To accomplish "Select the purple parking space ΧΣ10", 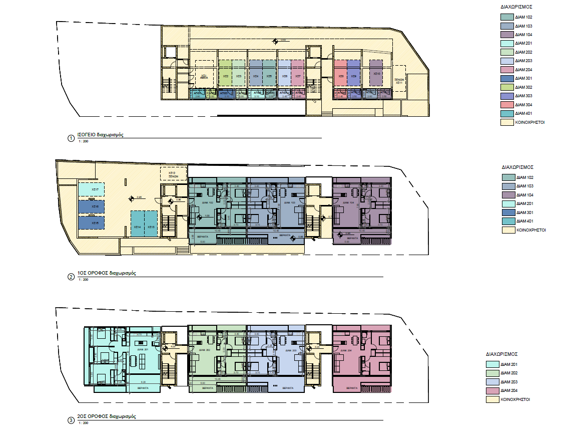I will click(x=376, y=73).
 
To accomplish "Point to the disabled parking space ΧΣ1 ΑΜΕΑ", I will click(x=204, y=77).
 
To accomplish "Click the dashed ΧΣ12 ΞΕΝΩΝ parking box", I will click(x=173, y=174).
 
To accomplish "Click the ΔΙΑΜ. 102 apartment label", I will click(x=207, y=202).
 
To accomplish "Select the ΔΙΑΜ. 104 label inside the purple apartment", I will click(x=352, y=202).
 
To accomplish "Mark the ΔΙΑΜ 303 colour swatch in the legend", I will click(x=507, y=96).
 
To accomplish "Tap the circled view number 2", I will click(x=71, y=276).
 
